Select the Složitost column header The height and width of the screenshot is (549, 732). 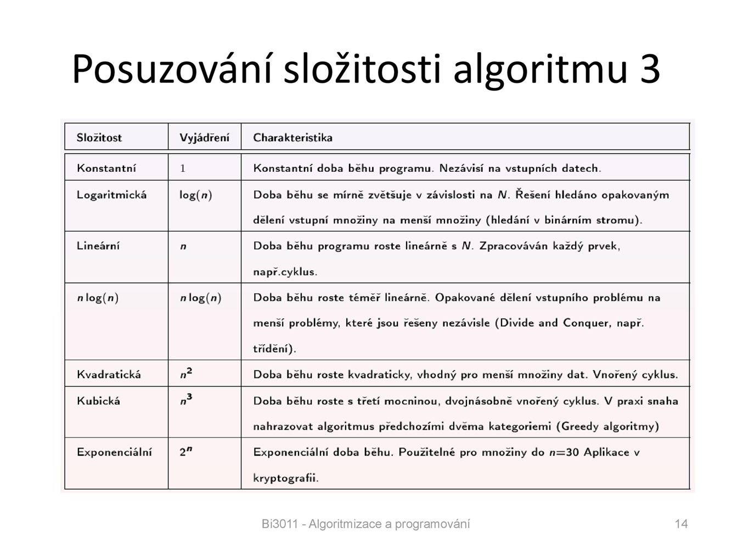pyautogui.click(x=99, y=138)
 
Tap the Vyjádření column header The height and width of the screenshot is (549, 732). pyautogui.click(x=204, y=138)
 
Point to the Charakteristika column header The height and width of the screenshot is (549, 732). pyautogui.click(x=292, y=138)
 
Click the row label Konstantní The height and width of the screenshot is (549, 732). pyautogui.click(x=106, y=169)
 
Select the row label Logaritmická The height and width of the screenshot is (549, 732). pyautogui.click(x=111, y=195)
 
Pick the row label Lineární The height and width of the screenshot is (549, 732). pyautogui.click(x=98, y=246)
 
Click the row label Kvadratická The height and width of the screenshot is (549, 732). pyautogui.click(x=109, y=375)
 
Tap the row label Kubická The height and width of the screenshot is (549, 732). pyautogui.click(x=98, y=401)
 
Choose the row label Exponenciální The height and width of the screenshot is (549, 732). pyautogui.click(x=114, y=452)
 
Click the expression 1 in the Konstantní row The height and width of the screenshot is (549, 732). pyautogui.click(x=183, y=169)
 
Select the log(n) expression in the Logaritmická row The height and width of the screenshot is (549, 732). pyautogui.click(x=195, y=195)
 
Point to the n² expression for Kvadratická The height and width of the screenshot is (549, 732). pyautogui.click(x=186, y=374)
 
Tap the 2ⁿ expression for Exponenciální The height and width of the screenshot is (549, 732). pyautogui.click(x=185, y=452)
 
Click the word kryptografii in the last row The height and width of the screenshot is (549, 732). pyautogui.click(x=285, y=478)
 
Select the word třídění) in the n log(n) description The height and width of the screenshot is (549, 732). pyautogui.click(x=274, y=349)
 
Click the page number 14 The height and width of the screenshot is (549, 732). pyautogui.click(x=681, y=524)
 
